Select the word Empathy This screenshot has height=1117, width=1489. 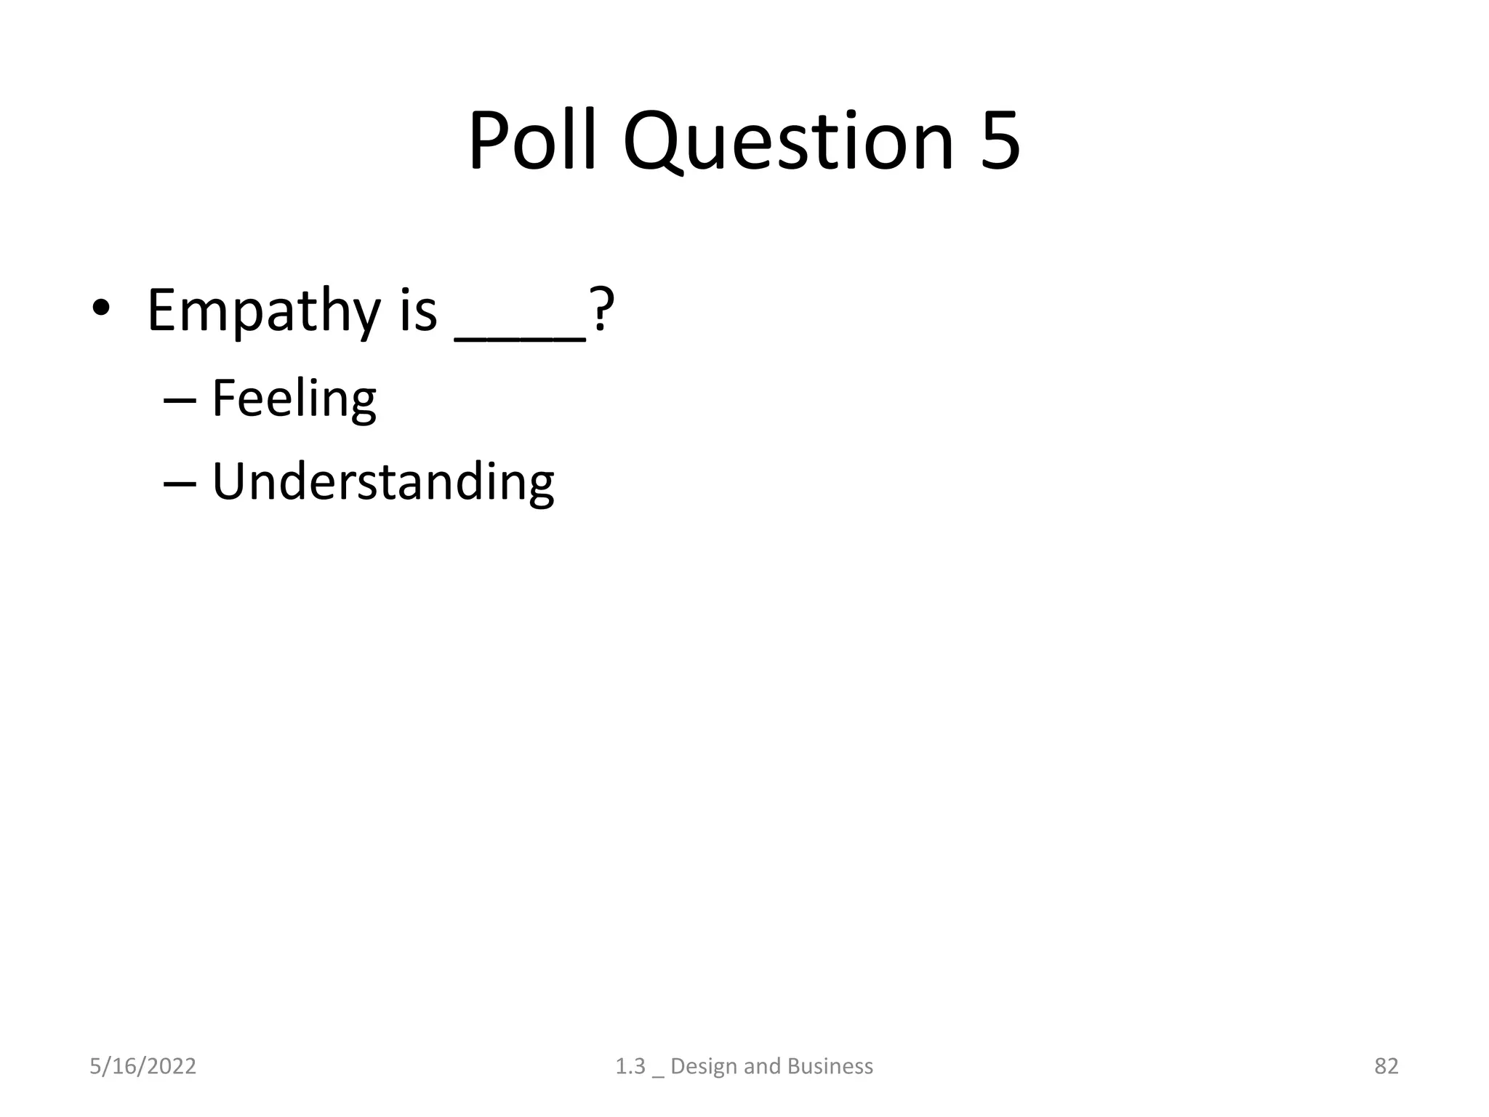pyautogui.click(x=263, y=311)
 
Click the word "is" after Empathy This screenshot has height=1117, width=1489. pyautogui.click(x=418, y=311)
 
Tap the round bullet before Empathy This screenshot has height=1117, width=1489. pyautogui.click(x=101, y=310)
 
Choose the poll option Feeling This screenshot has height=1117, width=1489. pyautogui.click(x=294, y=399)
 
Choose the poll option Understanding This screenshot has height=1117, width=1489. pyautogui.click(x=382, y=481)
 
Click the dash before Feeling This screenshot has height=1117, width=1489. pyautogui.click(x=180, y=401)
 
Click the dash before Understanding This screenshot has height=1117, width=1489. pyautogui.click(x=180, y=484)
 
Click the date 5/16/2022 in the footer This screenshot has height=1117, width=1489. pyautogui.click(x=143, y=1066)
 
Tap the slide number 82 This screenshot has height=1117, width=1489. pyautogui.click(x=1386, y=1066)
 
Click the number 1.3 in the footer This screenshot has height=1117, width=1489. pyautogui.click(x=630, y=1066)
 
